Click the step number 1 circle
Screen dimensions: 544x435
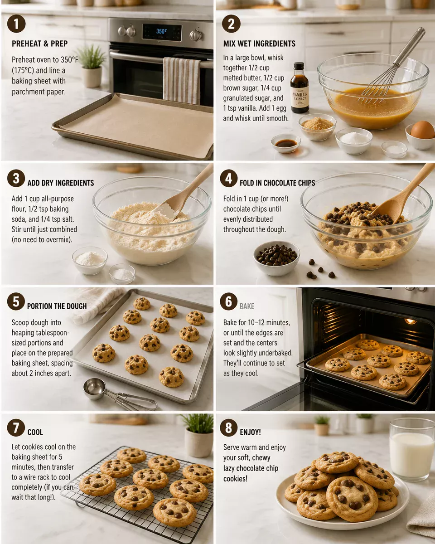coord(16,24)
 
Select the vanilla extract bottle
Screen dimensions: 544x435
coord(300,88)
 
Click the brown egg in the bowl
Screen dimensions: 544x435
coord(422,130)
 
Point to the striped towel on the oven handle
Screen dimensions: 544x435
coord(181,80)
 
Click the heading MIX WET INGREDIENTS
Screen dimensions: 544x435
coord(259,44)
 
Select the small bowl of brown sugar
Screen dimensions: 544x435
coord(317,125)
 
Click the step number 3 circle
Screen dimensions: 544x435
coord(16,178)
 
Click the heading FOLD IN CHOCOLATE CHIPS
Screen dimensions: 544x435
coord(277,183)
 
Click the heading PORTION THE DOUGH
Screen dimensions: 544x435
coord(57,306)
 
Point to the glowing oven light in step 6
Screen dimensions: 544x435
coord(411,321)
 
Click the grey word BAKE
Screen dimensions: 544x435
coord(247,306)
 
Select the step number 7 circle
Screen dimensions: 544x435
coord(16,427)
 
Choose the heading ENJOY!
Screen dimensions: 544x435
coord(250,432)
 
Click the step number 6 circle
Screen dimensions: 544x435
coord(229,301)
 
